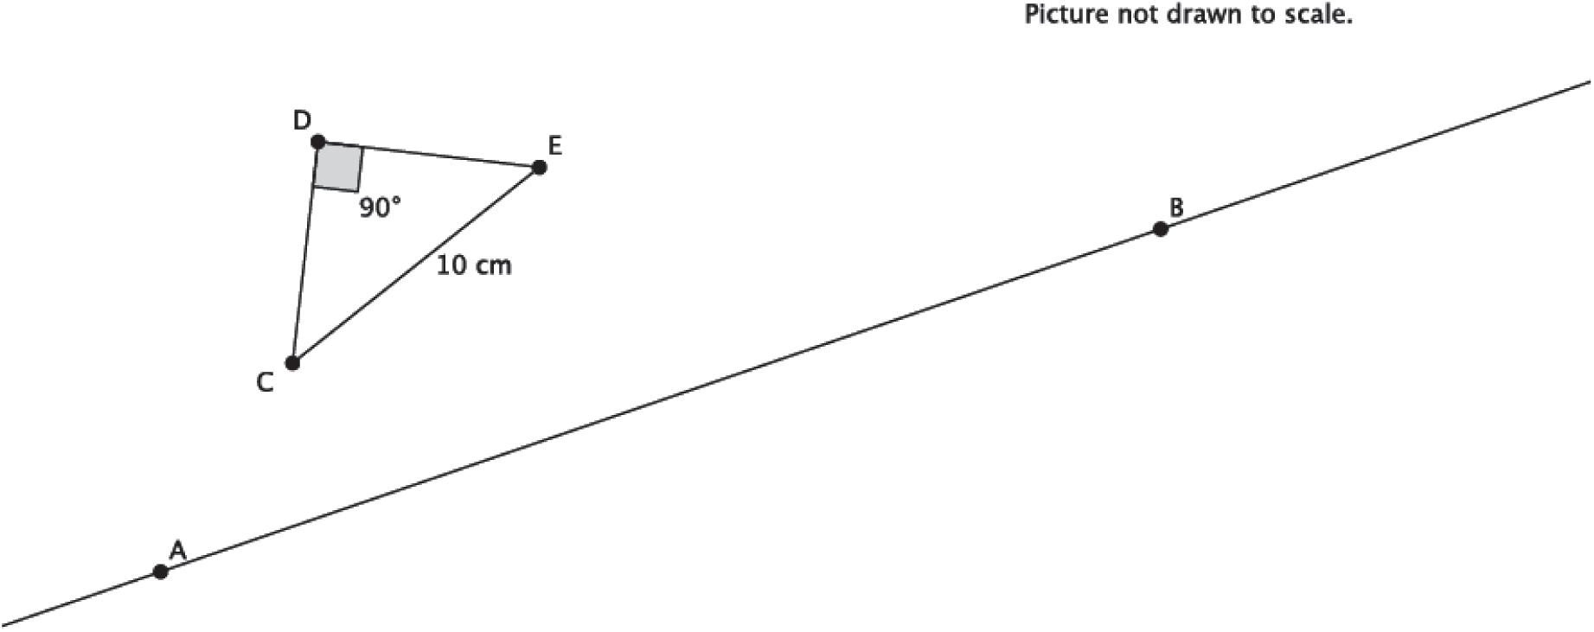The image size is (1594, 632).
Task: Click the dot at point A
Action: pyautogui.click(x=160, y=571)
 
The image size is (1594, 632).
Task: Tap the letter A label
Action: pyautogui.click(x=177, y=550)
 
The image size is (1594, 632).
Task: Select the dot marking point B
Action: pyautogui.click(x=1160, y=229)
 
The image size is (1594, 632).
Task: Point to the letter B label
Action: pyautogui.click(x=1175, y=207)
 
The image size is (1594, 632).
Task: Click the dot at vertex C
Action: pyautogui.click(x=292, y=363)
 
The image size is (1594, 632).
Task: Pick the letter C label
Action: pyautogui.click(x=266, y=383)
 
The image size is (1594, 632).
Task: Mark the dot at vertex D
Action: pyautogui.click(x=317, y=141)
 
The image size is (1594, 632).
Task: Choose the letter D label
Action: pyautogui.click(x=301, y=120)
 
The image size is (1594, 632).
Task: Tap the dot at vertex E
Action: pyautogui.click(x=539, y=168)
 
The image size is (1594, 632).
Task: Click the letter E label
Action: pyautogui.click(x=554, y=146)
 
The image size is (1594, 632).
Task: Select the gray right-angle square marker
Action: pyautogui.click(x=337, y=168)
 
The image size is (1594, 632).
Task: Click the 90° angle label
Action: pyautogui.click(x=381, y=207)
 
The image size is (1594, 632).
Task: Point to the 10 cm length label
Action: pyautogui.click(x=473, y=265)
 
